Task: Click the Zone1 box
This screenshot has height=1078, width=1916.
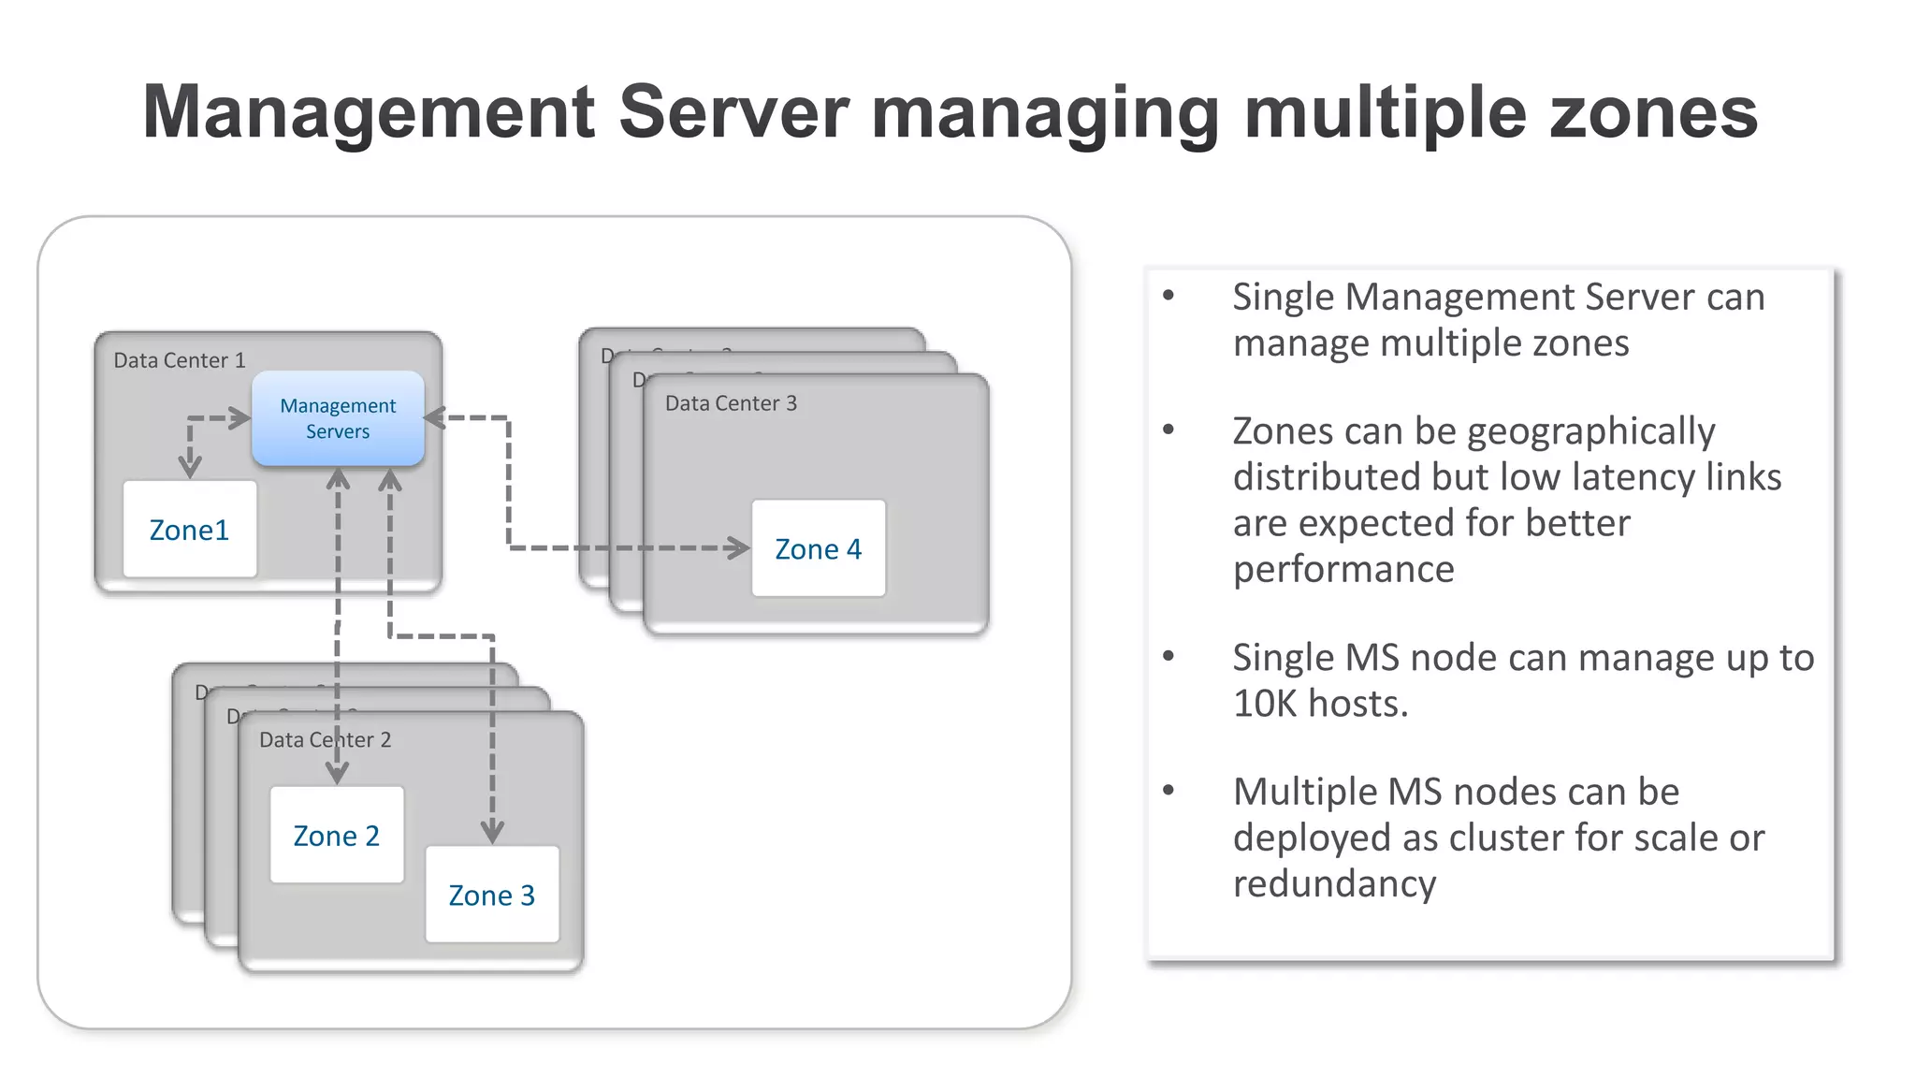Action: click(x=190, y=529)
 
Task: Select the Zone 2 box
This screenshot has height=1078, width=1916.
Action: click(x=337, y=835)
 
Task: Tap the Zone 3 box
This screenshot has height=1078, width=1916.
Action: click(x=492, y=895)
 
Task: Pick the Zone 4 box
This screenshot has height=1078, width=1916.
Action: click(x=819, y=548)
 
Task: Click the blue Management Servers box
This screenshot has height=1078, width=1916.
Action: click(x=338, y=418)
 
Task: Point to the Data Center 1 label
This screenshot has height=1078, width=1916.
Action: click(x=180, y=360)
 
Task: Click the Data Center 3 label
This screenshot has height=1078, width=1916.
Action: click(x=731, y=403)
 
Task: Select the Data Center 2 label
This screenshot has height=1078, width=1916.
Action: click(x=325, y=740)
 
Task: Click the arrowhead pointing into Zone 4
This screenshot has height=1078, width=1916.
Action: click(x=740, y=548)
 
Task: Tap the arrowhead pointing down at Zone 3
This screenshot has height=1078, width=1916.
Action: click(x=492, y=831)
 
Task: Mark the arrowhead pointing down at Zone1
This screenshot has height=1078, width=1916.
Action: click(x=190, y=465)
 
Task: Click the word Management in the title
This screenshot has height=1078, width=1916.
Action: click(x=369, y=112)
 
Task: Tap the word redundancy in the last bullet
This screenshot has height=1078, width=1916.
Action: click(x=1334, y=883)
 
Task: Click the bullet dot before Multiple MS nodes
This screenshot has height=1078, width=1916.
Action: click(x=1168, y=791)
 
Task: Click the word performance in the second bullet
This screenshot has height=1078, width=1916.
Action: click(x=1343, y=569)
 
